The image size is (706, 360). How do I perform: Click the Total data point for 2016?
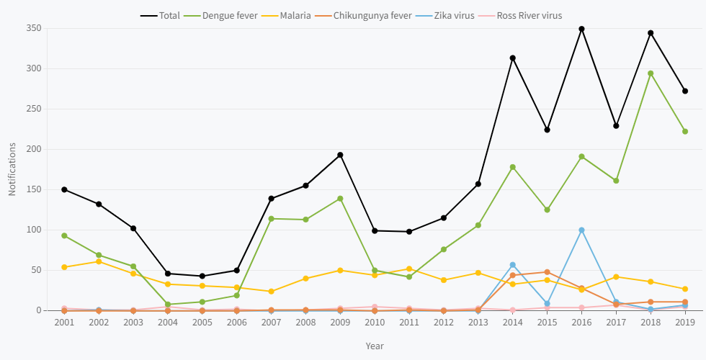[581, 29]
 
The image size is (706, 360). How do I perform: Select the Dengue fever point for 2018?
[651, 73]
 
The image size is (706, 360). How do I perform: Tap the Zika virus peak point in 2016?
[581, 230]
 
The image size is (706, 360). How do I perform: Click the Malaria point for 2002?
[99, 261]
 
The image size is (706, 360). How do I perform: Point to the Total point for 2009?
[340, 155]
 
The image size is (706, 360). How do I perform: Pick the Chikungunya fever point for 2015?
[547, 272]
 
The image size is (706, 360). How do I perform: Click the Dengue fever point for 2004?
[168, 305]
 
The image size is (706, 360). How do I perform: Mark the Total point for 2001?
[64, 189]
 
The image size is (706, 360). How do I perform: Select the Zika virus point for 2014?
[512, 265]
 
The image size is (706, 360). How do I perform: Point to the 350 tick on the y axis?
[34, 28]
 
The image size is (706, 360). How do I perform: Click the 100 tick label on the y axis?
[34, 230]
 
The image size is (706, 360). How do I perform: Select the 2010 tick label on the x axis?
[375, 323]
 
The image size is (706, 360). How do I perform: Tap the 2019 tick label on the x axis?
[685, 323]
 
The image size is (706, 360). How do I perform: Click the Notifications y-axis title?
[12, 169]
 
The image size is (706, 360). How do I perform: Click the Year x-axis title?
[375, 346]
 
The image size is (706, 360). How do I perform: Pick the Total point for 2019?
[685, 91]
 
